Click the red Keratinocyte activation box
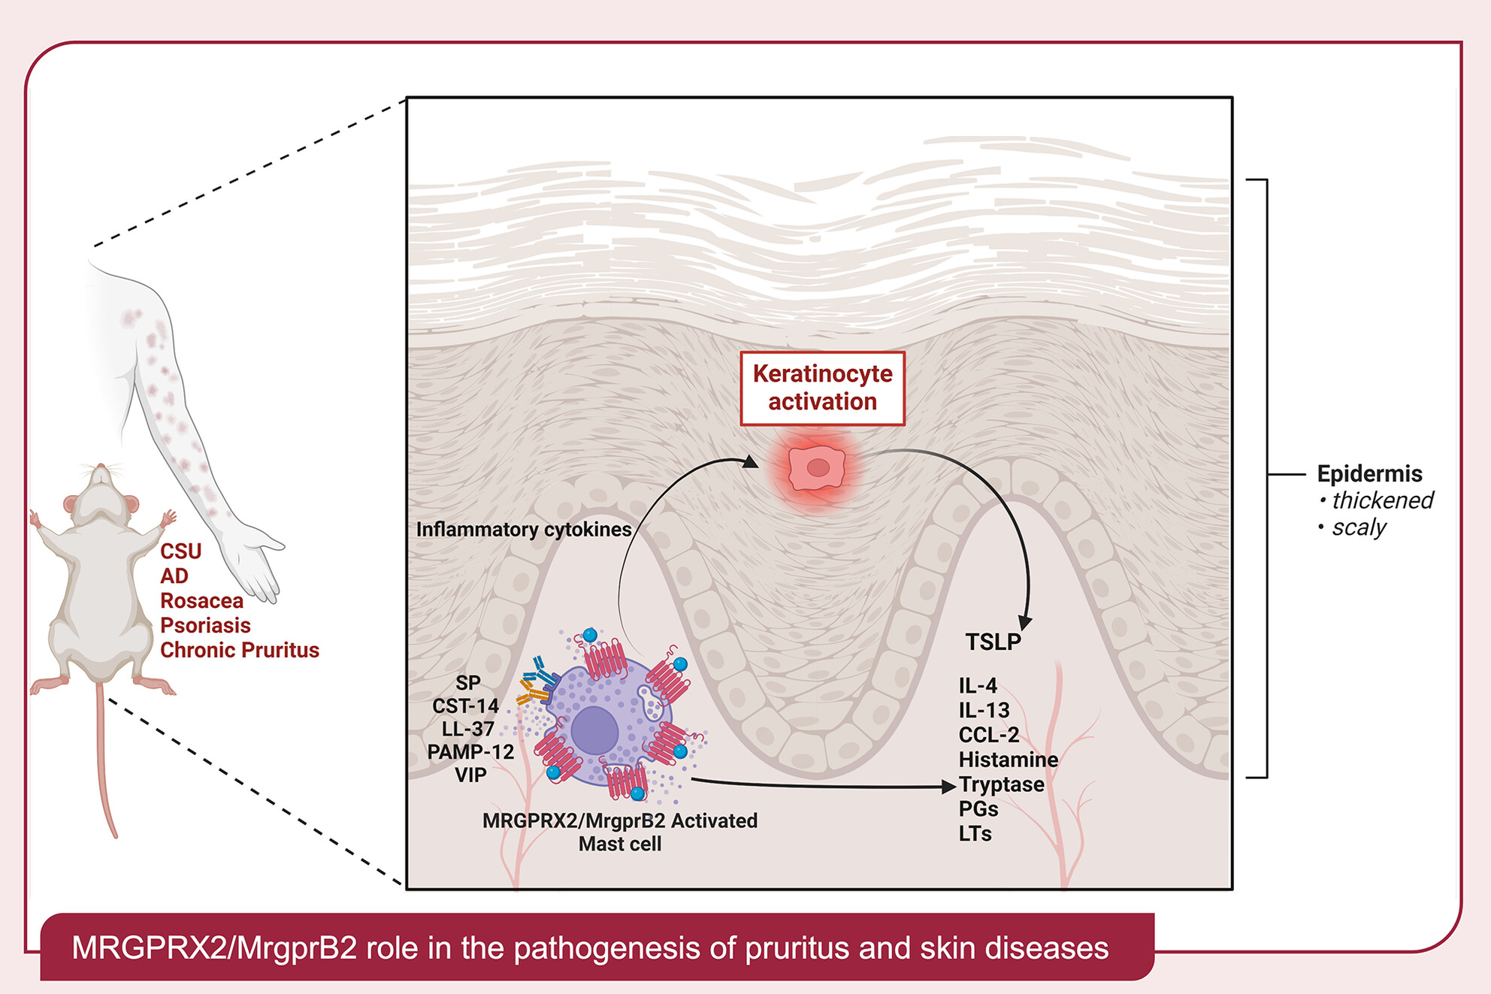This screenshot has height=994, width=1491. coord(822,388)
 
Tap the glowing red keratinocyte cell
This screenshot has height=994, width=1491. coord(817,468)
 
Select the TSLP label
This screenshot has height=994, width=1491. coord(993,642)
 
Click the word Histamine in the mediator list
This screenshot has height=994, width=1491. coord(1008,760)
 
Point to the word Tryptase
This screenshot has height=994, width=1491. coord(1001,784)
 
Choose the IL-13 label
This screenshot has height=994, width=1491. coord(984,710)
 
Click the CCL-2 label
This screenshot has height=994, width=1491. coord(988,735)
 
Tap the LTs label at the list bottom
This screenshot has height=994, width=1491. coord(975,834)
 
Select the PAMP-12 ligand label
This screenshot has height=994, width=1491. coord(470,752)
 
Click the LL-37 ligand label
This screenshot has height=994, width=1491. coord(467,729)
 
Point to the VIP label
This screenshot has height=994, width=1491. coord(470,775)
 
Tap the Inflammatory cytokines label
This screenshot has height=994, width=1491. coord(523,530)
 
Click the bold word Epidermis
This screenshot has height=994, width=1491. coord(1369,474)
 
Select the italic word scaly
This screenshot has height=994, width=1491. coord(1359,527)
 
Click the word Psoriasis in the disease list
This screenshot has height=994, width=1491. coord(205,626)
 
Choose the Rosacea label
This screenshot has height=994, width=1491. coord(201,601)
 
